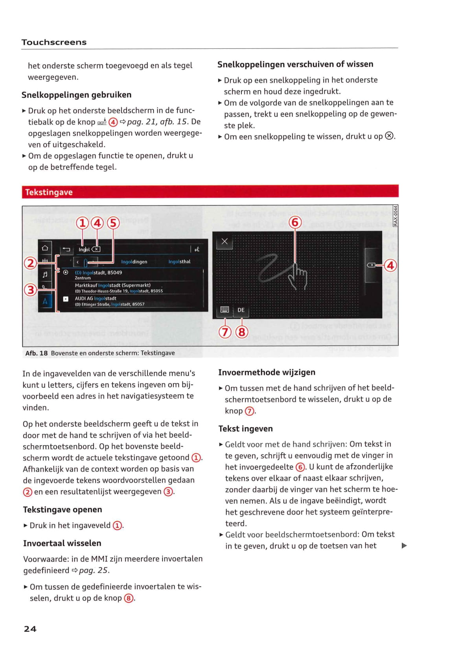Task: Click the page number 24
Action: (x=30, y=629)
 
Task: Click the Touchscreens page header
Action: (x=54, y=42)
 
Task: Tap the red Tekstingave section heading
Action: (x=49, y=192)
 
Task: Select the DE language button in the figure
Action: (x=241, y=310)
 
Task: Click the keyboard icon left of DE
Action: (x=225, y=310)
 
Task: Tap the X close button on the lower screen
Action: (x=224, y=241)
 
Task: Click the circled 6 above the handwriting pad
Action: (x=295, y=222)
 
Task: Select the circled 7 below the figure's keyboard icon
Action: (x=225, y=332)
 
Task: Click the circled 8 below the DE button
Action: (x=241, y=332)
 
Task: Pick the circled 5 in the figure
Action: (x=113, y=223)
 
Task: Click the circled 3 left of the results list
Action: (x=30, y=290)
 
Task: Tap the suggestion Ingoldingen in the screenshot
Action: (x=134, y=262)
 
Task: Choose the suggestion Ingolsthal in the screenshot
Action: (x=179, y=262)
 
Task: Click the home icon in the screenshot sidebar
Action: (x=45, y=248)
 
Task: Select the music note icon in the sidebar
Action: (x=45, y=274)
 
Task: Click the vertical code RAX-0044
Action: (x=395, y=216)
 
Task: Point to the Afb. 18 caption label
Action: (x=36, y=353)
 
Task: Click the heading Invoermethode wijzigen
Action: (x=267, y=372)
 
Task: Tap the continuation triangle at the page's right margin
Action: (x=404, y=545)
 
